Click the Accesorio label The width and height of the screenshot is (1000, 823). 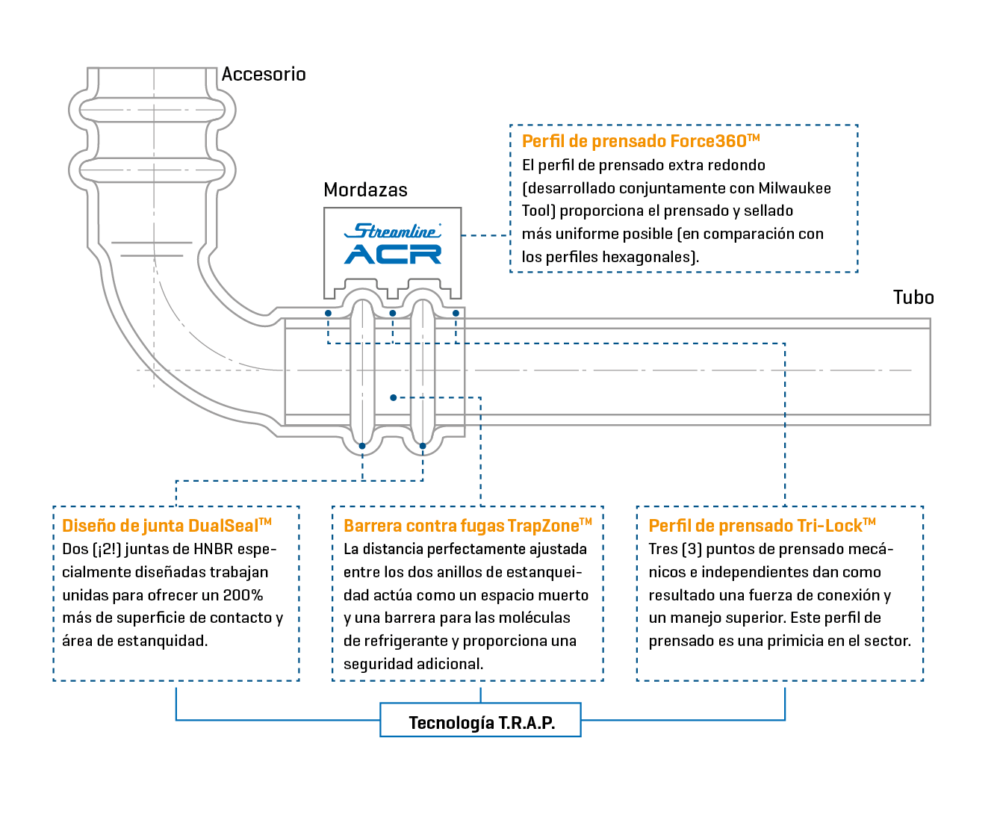pos(264,74)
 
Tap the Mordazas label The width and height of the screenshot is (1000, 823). pos(365,190)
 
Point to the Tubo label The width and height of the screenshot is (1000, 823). pos(913,297)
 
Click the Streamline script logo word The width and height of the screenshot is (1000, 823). pos(393,231)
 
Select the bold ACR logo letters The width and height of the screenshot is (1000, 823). pos(393,254)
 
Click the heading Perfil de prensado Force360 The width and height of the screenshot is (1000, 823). pos(641,141)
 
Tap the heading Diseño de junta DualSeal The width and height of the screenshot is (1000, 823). pos(167,525)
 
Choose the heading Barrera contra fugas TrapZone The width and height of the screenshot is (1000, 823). pos(468,525)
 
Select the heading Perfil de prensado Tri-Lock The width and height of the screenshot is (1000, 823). pos(762,525)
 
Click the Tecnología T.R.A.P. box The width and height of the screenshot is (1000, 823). pos(480,720)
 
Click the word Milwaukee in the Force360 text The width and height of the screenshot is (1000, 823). pos(795,188)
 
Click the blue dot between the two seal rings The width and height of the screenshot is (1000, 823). pos(393,398)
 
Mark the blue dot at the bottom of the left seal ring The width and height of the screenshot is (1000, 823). pos(362,446)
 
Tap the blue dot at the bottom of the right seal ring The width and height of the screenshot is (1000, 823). pos(423,446)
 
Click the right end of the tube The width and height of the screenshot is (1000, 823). pos(930,372)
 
